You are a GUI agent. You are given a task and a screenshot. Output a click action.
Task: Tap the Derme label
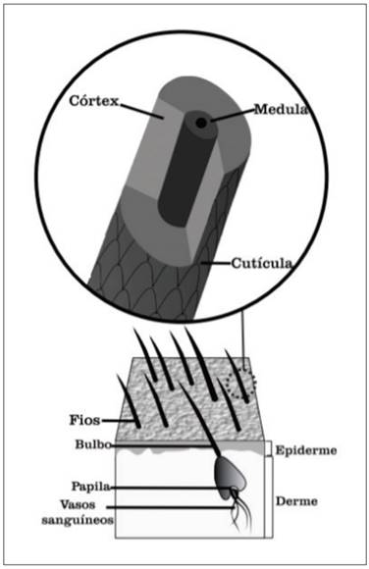click(x=298, y=497)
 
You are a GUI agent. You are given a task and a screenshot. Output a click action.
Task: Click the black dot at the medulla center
click(x=200, y=123)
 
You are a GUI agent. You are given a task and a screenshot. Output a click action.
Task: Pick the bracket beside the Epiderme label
click(x=270, y=450)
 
